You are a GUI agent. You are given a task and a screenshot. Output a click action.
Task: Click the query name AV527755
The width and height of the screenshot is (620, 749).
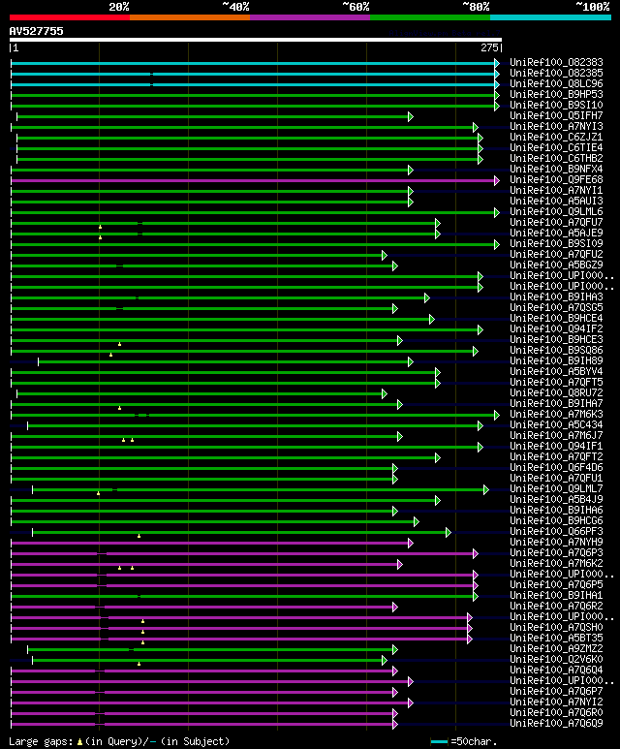click(x=37, y=31)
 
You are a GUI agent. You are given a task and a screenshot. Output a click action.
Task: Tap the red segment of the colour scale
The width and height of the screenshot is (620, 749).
click(x=69, y=16)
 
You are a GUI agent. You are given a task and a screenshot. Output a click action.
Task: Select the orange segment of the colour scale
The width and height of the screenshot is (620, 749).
click(x=189, y=16)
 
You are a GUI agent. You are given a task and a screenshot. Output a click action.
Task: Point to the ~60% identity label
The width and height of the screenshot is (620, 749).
click(x=356, y=6)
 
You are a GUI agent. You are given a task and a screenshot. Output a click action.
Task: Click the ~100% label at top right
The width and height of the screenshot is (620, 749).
click(x=592, y=6)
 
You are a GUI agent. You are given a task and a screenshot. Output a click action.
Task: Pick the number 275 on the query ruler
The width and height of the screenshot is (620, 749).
click(x=488, y=47)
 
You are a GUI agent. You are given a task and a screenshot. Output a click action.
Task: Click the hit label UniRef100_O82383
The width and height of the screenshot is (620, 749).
click(x=556, y=62)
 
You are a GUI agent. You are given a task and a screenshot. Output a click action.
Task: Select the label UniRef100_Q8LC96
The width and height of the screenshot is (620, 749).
click(x=556, y=83)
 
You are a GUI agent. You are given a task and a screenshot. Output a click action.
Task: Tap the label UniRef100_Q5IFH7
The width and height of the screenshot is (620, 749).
click(x=556, y=115)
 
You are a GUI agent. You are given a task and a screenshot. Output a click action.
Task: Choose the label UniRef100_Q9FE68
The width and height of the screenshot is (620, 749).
click(x=556, y=179)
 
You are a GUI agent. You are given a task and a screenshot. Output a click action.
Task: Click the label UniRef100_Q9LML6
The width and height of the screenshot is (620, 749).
click(x=556, y=211)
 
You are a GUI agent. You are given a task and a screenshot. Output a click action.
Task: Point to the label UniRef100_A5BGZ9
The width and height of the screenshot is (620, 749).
click(x=556, y=265)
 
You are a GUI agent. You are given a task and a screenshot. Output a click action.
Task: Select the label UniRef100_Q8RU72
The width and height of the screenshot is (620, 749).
click(x=556, y=392)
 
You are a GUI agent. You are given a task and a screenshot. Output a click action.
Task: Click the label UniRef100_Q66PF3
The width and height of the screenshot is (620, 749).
click(x=556, y=531)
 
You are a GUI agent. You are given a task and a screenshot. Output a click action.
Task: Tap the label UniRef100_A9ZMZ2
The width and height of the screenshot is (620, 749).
click(x=556, y=648)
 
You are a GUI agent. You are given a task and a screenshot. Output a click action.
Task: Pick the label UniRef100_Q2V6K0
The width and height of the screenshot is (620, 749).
click(x=556, y=659)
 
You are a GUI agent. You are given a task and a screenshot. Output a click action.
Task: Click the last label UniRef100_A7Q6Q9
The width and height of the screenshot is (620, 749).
click(x=556, y=723)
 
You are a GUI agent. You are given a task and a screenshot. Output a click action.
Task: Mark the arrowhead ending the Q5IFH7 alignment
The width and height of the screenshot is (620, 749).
click(x=411, y=116)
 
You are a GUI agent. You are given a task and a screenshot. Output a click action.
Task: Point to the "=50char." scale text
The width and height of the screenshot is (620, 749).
click(x=476, y=741)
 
